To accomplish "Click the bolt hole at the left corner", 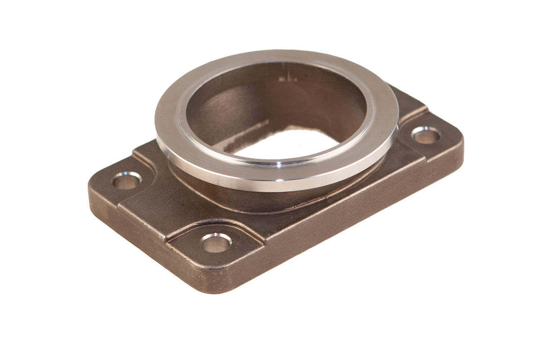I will (126, 181).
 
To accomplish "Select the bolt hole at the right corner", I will (425, 135).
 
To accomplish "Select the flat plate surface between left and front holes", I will (166, 211).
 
